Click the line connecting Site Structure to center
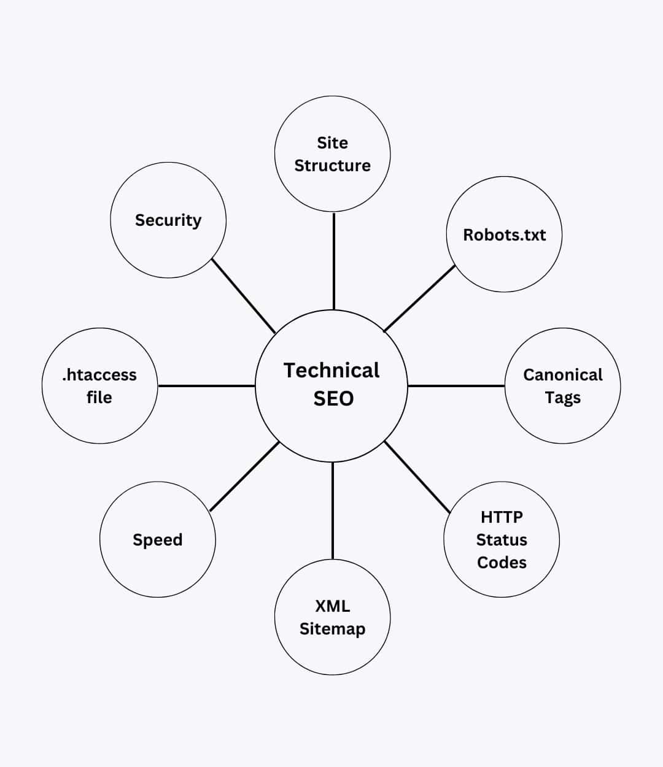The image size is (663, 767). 334,261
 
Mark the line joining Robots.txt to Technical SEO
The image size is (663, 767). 419,298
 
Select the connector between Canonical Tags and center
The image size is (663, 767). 456,386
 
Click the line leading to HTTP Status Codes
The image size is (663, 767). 417,477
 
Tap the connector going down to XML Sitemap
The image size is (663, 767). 333,511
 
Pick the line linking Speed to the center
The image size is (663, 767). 244,476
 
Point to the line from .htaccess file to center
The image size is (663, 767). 206,386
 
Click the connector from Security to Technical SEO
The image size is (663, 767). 243,295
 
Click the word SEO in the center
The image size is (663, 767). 333,399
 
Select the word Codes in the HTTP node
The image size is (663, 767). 502,563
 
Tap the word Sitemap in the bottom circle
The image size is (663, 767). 332,629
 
